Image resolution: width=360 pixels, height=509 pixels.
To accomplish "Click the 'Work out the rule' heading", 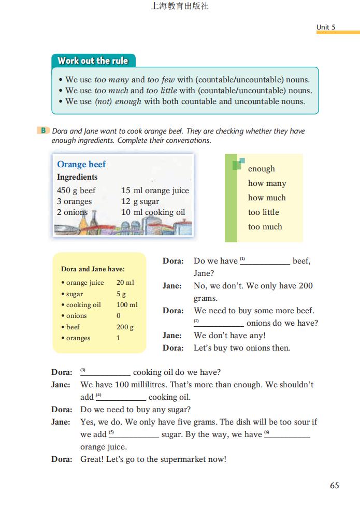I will tap(93, 61).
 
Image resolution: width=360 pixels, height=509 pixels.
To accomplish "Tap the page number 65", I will tap(334, 485).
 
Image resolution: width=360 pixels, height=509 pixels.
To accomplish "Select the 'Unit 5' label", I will tap(326, 27).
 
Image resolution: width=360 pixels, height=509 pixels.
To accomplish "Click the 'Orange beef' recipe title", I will tap(81, 164).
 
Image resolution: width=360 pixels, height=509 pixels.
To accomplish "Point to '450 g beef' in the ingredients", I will tap(76, 190).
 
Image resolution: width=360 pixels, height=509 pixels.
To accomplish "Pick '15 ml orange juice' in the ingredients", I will tap(155, 190).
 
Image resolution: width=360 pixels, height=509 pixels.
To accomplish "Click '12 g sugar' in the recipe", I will tap(140, 201).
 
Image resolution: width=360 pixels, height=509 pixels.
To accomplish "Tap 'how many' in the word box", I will tap(267, 183).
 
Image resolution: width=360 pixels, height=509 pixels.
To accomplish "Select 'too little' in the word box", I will tap(263, 212).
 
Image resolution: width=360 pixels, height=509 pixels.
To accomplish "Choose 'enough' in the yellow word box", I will tap(261, 169).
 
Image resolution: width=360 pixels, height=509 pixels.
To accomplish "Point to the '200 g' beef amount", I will tap(125, 327).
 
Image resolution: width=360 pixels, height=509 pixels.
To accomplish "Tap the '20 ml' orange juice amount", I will tap(125, 283).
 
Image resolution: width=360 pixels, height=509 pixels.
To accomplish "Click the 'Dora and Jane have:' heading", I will tap(93, 269).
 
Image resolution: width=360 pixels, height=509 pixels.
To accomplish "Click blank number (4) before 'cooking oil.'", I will tap(123, 398).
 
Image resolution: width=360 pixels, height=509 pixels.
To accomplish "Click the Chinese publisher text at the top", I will tap(179, 7).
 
